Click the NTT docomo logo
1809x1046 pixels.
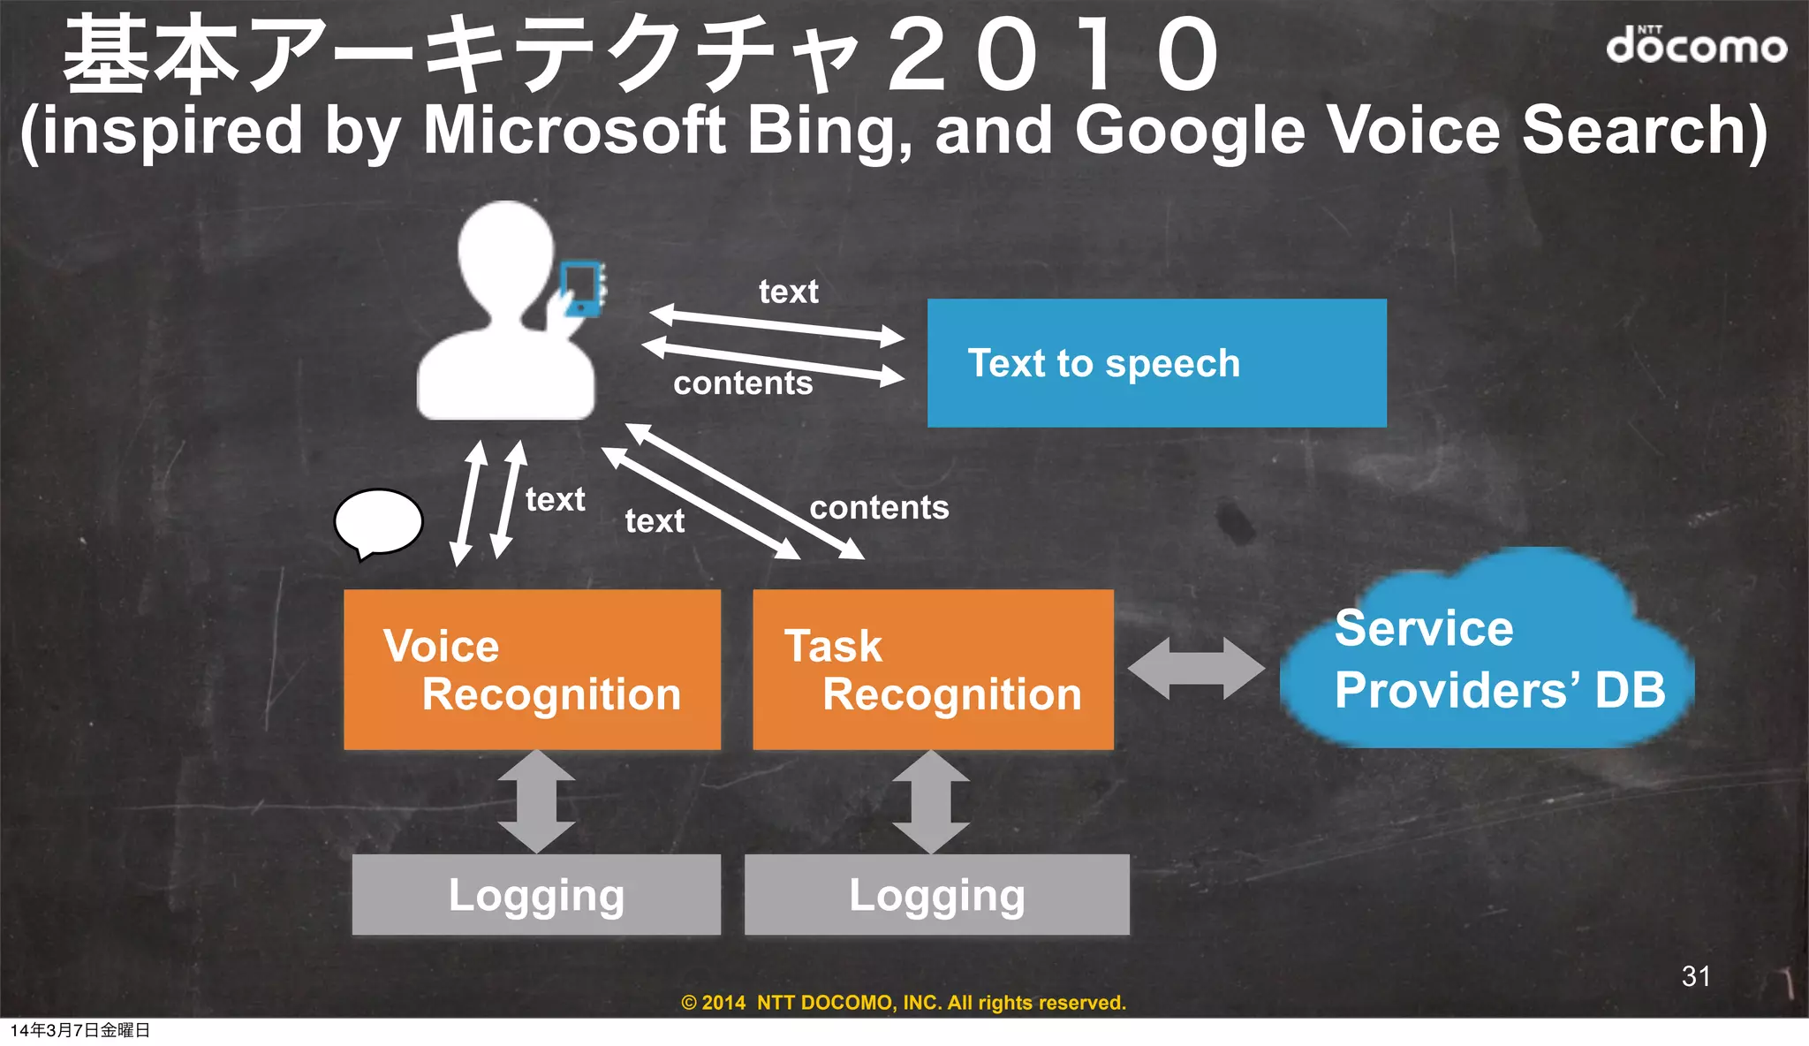pos(1695,45)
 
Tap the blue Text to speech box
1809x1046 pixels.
pos(1156,363)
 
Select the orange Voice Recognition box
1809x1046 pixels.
pos(532,670)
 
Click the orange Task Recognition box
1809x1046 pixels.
pos(933,670)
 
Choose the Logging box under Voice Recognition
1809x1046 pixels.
pos(536,894)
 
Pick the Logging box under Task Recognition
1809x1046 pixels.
pos(936,894)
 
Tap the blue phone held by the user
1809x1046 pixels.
pos(581,287)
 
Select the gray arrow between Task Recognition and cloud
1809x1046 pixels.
pos(1196,668)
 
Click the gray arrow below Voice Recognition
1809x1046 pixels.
pos(536,801)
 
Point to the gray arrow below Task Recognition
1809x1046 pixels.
pos(931,801)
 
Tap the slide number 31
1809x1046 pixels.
pos(1695,975)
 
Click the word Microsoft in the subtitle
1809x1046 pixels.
pos(574,131)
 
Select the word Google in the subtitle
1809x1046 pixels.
pos(1189,131)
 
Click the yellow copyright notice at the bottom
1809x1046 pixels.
pos(904,1003)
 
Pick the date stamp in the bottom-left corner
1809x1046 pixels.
pos(80,1030)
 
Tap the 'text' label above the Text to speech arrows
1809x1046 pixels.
pos(788,292)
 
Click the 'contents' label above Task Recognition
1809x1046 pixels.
pos(879,508)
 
